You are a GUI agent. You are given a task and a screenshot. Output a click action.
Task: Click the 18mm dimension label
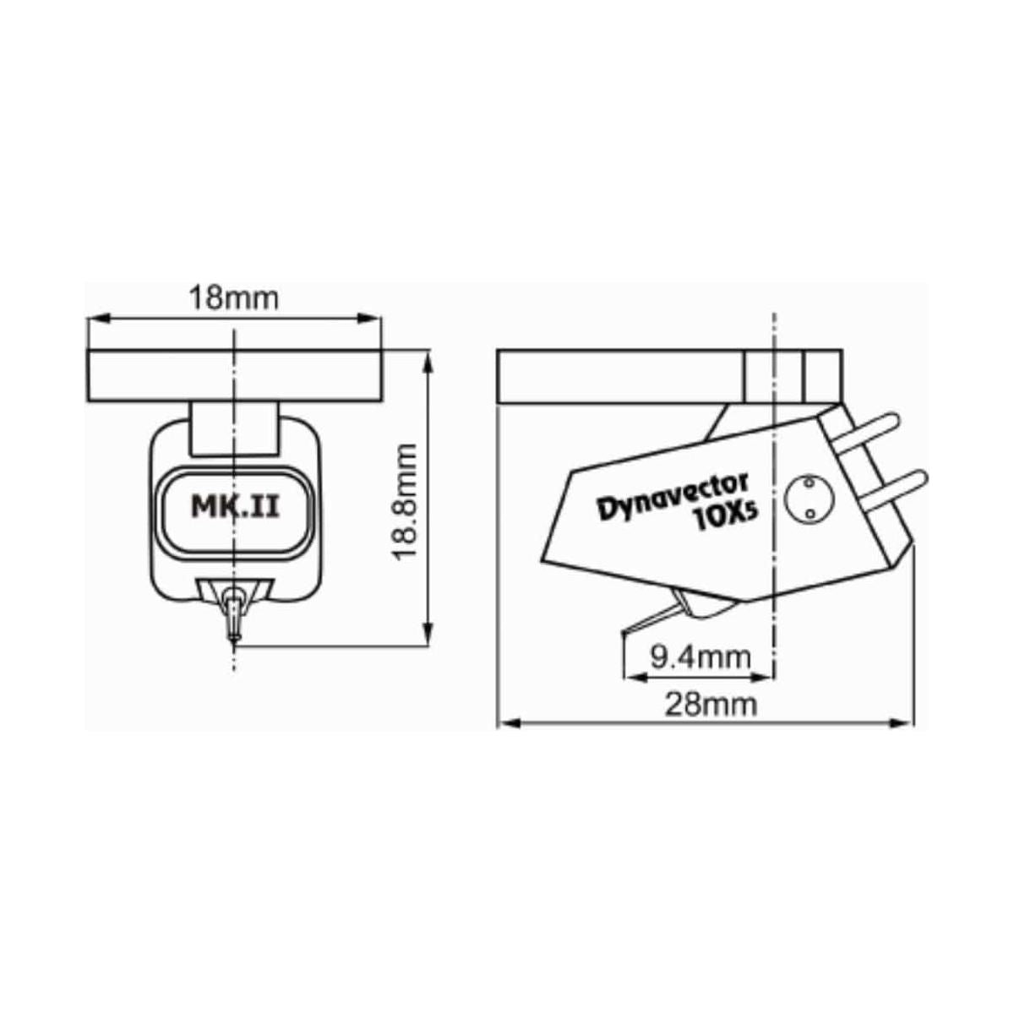[232, 298]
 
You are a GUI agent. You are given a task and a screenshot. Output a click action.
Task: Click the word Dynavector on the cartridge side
[673, 499]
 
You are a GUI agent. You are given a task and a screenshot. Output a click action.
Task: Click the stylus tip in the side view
[624, 631]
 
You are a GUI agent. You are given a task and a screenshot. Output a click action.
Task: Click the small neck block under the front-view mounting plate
[234, 429]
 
